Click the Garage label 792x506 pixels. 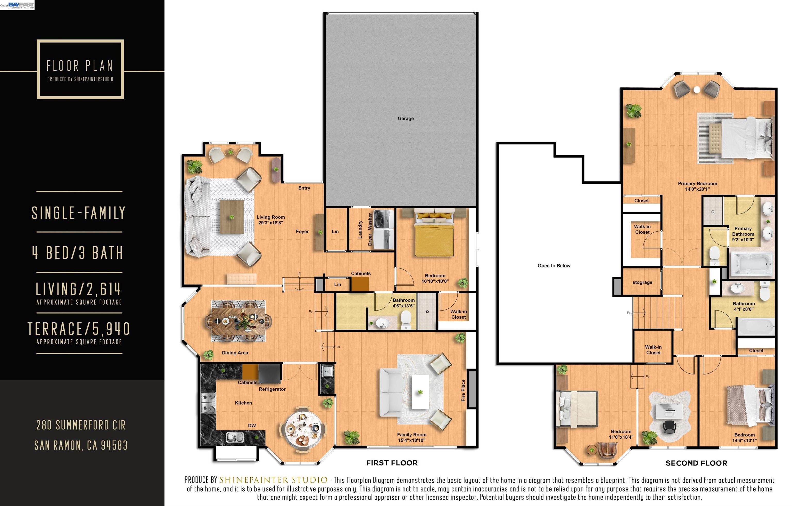click(406, 118)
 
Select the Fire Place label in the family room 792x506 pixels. click(463, 390)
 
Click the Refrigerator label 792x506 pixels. click(272, 389)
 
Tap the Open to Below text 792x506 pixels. click(554, 266)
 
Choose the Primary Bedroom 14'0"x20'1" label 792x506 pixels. click(697, 186)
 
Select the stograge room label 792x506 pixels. click(642, 282)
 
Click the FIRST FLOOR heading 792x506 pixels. click(392, 463)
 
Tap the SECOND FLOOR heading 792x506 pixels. click(696, 463)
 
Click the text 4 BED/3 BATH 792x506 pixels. click(78, 253)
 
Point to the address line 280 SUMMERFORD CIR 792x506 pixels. click(81, 425)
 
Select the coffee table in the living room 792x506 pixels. click(232, 217)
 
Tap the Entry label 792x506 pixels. click(304, 188)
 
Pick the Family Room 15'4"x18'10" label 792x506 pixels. click(411, 437)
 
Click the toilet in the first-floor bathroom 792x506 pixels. click(406, 319)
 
